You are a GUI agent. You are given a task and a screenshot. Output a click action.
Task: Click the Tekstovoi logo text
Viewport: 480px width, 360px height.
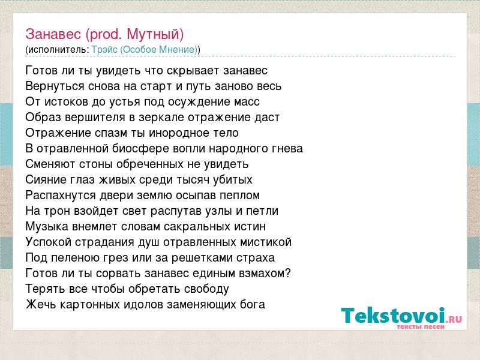point(401,316)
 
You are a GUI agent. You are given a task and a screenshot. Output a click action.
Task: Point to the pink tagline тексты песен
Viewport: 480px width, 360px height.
point(421,326)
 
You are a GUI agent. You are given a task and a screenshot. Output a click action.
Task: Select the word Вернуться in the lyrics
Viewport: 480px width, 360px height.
point(55,86)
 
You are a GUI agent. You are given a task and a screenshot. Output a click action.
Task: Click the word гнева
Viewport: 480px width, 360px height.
point(287,149)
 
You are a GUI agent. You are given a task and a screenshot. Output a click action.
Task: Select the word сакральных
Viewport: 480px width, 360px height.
point(197,227)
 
